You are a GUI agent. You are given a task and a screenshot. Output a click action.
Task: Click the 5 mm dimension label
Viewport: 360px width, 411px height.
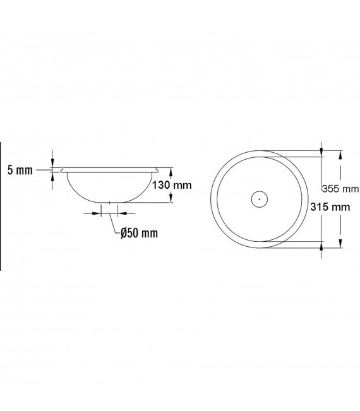[20, 170]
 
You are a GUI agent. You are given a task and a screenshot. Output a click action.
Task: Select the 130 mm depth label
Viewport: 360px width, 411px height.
[172, 186]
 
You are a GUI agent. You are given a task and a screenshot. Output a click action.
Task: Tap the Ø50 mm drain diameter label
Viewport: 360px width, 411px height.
[139, 233]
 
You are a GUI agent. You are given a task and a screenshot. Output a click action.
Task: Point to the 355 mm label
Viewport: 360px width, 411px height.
[340, 189]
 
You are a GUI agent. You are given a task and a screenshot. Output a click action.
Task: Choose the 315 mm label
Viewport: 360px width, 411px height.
[330, 207]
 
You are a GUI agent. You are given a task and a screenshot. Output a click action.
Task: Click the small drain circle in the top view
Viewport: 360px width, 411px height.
[260, 191]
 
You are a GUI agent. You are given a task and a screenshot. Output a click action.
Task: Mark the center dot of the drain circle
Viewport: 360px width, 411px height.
[260, 200]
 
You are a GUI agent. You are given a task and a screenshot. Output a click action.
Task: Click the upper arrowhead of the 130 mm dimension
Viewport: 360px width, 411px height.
[171, 172]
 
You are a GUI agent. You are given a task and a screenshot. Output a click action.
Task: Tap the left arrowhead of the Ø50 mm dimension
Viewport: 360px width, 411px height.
[97, 213]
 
